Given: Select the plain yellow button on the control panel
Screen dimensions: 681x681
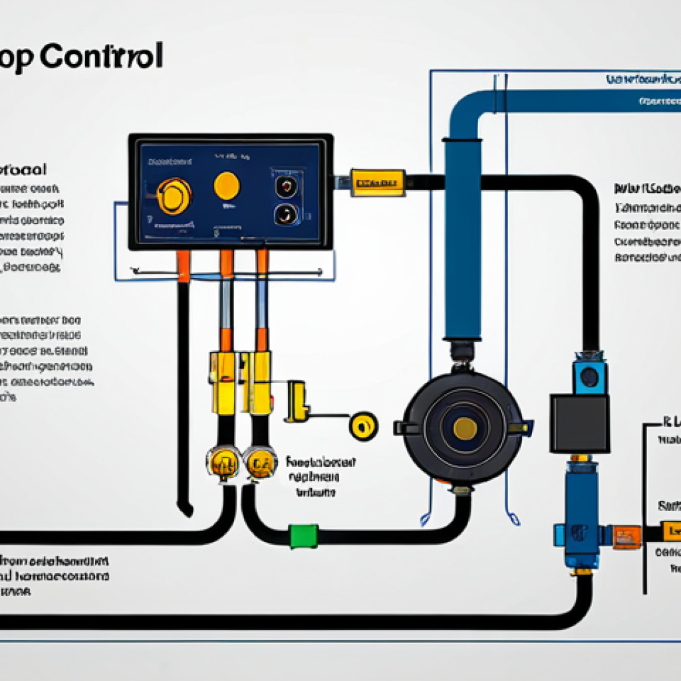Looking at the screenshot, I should (227, 186).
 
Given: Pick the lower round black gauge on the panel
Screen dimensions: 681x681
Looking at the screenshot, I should (287, 214).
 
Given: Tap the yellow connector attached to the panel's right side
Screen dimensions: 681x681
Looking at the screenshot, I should (378, 182).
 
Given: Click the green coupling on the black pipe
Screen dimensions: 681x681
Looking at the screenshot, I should (303, 535).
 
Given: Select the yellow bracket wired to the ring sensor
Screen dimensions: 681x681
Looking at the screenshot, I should (297, 400).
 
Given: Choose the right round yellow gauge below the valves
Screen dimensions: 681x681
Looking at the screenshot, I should (260, 462).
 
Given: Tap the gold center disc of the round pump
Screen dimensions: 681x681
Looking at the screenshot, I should (464, 428).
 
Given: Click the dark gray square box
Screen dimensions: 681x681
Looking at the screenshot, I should (579, 423).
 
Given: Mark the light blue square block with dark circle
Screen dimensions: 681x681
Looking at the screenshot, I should (590, 377).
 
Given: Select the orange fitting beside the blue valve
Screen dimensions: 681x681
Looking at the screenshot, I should (626, 536).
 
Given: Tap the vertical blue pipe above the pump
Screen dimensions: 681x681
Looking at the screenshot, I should (463, 239).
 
